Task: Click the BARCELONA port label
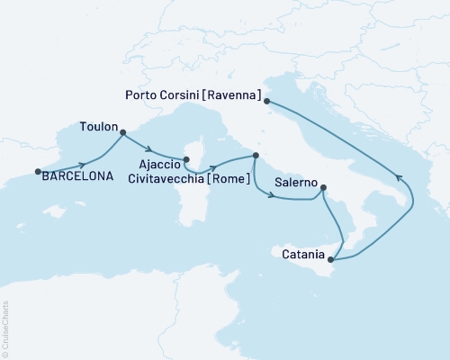pyautogui.click(x=78, y=176)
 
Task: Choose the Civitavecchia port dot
pyautogui.click(x=256, y=156)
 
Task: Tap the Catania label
pyautogui.click(x=303, y=255)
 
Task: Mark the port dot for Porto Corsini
pyautogui.click(x=267, y=101)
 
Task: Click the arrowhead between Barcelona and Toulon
pyautogui.click(x=84, y=164)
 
